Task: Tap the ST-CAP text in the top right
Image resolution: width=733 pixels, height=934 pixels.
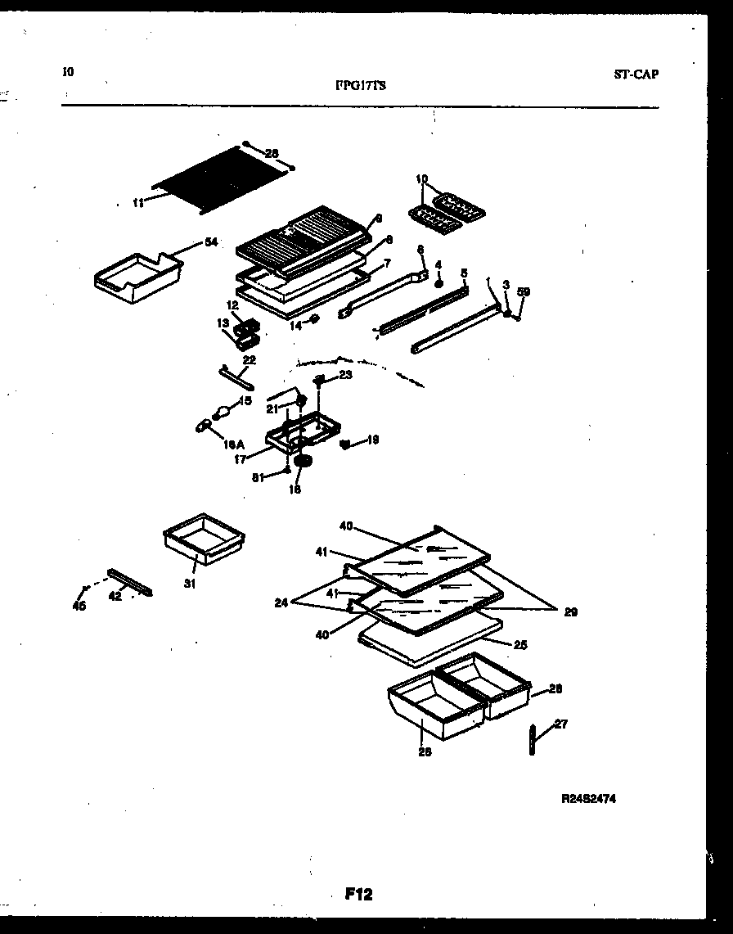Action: [635, 74]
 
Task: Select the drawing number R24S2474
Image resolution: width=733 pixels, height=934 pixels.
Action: [590, 797]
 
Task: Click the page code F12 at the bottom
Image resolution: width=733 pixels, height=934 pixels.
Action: [358, 895]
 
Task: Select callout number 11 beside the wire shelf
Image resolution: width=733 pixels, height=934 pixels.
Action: [138, 202]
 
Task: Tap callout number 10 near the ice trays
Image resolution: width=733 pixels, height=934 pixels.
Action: [421, 178]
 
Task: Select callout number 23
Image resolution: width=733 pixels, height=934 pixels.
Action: [345, 374]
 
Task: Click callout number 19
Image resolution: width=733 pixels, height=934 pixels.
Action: [372, 440]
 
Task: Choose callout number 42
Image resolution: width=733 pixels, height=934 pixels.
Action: [115, 596]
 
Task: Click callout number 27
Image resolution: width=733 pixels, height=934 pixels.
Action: [560, 724]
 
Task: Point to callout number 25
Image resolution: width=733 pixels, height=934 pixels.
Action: [520, 644]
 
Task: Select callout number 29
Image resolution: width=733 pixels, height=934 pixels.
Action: [570, 611]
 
